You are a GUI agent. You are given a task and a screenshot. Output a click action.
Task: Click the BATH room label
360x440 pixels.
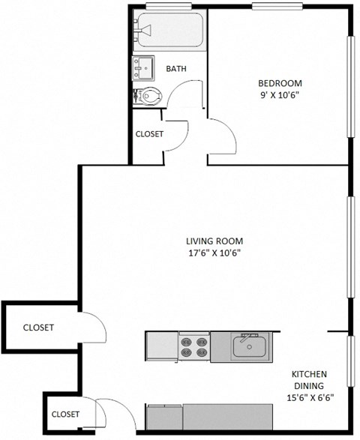[176, 69]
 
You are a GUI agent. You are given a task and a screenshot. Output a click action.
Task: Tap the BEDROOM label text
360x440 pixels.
[280, 82]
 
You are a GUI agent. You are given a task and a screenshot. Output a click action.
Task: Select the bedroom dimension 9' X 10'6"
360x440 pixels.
[280, 95]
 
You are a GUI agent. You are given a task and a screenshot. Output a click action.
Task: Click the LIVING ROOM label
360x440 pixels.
[214, 241]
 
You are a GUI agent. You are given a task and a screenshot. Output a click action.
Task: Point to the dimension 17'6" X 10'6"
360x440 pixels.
[214, 253]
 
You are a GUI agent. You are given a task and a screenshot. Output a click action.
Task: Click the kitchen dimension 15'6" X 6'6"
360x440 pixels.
[310, 398]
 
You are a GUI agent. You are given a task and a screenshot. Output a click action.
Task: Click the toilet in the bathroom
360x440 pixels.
[149, 96]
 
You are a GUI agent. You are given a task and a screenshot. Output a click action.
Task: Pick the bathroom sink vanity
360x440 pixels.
[143, 68]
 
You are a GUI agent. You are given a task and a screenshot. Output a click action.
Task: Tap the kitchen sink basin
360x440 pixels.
[248, 347]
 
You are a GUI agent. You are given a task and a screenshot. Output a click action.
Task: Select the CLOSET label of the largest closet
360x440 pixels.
[37, 328]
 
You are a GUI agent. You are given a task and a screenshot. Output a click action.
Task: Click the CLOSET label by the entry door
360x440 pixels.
[65, 414]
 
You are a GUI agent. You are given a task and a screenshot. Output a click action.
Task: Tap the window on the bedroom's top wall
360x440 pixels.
[277, 7]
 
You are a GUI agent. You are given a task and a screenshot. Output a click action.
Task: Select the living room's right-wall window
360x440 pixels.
[349, 247]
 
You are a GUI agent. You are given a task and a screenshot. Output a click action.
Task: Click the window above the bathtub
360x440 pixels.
[170, 7]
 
